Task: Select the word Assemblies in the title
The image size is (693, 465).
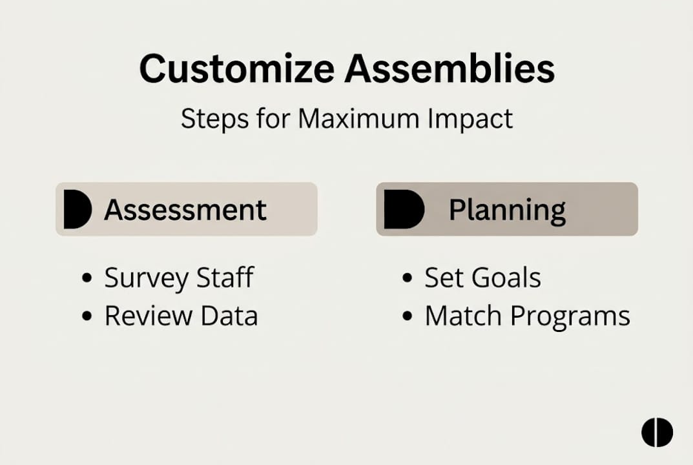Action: [450, 68]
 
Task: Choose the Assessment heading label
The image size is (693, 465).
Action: [185, 210]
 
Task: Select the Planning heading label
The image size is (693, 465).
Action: [507, 210]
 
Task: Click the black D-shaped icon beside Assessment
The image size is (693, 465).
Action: [77, 210]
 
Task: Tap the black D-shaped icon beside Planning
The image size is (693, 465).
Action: [403, 210]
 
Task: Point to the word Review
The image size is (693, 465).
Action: [147, 316]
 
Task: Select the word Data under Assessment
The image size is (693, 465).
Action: [229, 316]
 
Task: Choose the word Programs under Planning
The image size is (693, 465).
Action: [570, 316]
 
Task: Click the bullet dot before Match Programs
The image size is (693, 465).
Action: [407, 316]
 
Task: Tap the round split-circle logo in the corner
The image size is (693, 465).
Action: [657, 432]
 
